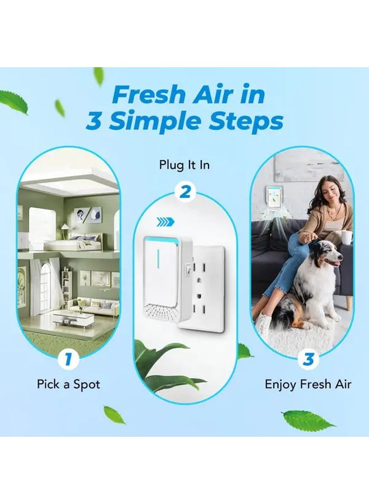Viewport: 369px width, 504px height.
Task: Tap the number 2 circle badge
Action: coord(184,192)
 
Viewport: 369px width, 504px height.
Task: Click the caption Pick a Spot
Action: coord(68,385)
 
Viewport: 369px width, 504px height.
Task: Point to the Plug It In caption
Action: coord(184,165)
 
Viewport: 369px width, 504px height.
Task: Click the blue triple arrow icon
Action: coord(165,222)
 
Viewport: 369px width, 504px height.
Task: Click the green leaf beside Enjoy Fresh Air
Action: coord(244,352)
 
